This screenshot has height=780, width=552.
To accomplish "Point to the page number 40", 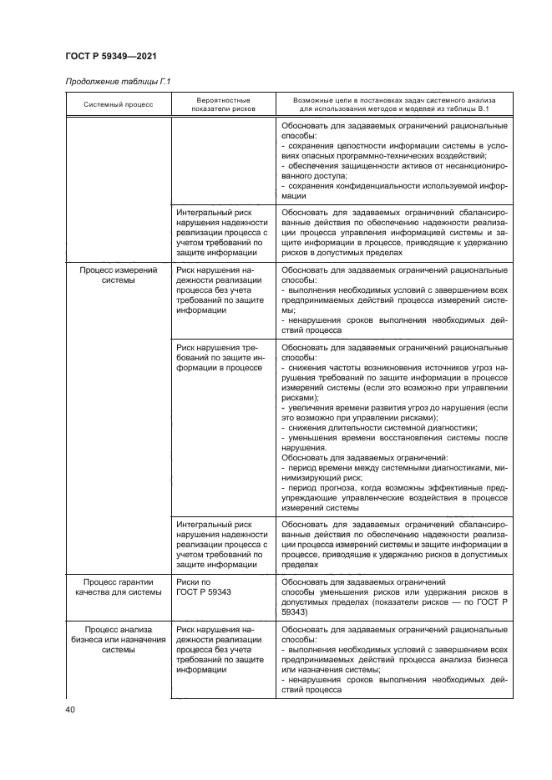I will [x=69, y=709].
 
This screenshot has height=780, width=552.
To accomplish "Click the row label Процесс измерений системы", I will [x=118, y=275].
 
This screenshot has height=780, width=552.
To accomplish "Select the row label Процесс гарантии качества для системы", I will [x=118, y=588].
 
